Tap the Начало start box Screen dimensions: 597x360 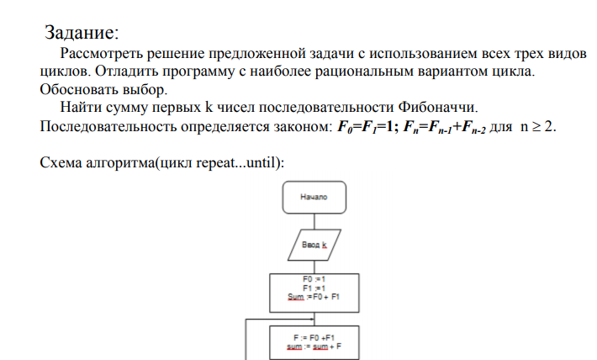(x=314, y=198)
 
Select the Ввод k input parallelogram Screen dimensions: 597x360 (x=314, y=245)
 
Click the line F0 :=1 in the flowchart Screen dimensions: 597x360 (x=314, y=279)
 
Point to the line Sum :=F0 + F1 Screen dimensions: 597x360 (x=314, y=297)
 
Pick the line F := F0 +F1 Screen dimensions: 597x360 (x=314, y=338)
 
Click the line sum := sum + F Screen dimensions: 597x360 (x=314, y=347)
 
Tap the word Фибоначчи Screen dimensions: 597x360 (x=437, y=107)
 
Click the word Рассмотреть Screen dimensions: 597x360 (x=101, y=54)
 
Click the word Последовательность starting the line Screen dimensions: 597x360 (x=108, y=126)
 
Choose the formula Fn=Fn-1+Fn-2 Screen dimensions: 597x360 (x=444, y=127)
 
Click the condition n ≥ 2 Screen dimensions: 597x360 (x=538, y=126)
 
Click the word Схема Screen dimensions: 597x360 (x=61, y=162)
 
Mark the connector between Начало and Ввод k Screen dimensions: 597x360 (x=314, y=221)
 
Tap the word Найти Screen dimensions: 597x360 (x=81, y=107)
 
